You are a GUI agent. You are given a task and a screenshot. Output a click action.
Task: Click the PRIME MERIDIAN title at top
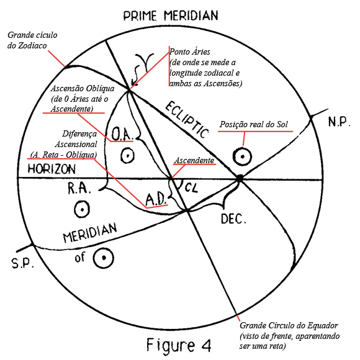point(171,16)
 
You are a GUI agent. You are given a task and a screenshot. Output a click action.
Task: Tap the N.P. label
point(339,122)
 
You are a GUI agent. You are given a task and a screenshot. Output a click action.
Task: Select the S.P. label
point(22,263)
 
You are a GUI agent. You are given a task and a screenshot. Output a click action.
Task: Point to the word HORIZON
point(52,169)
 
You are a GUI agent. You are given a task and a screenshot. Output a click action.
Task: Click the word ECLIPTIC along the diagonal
point(187,120)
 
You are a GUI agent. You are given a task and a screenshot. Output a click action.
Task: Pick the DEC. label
point(233,219)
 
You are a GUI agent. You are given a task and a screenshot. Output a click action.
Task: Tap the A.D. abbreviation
point(156,199)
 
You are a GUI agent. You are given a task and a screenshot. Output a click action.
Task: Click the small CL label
point(191,187)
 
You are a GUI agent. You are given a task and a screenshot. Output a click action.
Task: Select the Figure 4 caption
point(179,344)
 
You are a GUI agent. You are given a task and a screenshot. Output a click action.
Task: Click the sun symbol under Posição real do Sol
point(242,156)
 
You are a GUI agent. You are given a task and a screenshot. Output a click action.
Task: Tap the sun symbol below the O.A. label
point(127,155)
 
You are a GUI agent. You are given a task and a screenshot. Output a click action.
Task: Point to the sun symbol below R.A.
point(82,209)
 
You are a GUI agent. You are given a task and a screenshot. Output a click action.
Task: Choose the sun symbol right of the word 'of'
point(104,258)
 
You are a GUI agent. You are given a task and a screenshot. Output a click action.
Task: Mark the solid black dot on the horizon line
point(239,178)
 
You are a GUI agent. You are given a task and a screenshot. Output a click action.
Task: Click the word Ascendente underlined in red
point(194,160)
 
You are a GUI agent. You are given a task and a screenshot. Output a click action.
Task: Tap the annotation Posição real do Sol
point(253,124)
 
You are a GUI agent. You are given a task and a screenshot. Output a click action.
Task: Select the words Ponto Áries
point(190,52)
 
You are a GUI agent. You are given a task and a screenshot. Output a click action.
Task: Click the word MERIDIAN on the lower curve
point(90,232)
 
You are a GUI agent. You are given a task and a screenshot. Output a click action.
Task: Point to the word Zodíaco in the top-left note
point(32,45)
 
